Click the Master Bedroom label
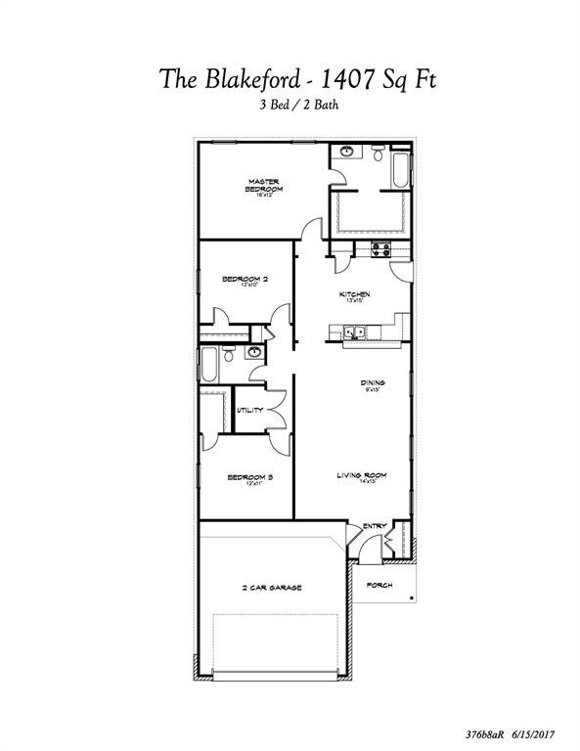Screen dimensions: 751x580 tap(264, 186)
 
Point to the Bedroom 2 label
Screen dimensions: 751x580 tap(245, 280)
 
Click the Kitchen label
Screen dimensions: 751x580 tap(354, 294)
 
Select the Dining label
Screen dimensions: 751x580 tap(372, 383)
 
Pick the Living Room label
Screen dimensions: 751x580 tap(362, 475)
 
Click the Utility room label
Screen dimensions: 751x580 tap(249, 410)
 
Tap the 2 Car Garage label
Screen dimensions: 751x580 tap(272, 588)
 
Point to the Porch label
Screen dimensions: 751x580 tap(379, 585)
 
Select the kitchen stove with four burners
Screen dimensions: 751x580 tap(380, 250)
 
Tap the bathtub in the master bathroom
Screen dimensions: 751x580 tap(401, 168)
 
